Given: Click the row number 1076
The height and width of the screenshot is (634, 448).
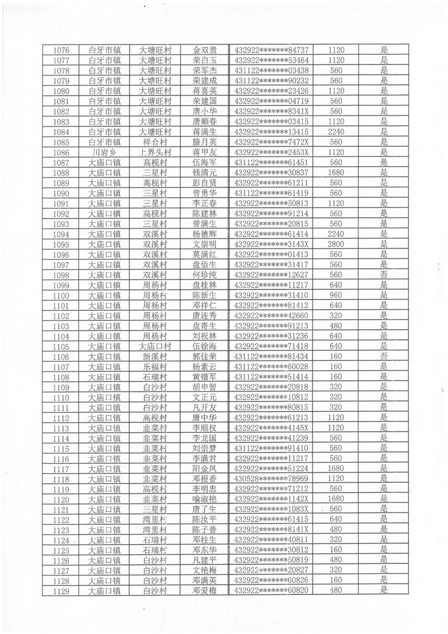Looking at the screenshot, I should click(x=60, y=50).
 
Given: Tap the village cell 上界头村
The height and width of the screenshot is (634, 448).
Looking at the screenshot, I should click(x=155, y=152).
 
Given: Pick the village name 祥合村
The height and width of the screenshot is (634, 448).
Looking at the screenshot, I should click(x=155, y=142).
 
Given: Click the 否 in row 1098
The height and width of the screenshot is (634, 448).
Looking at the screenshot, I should click(x=384, y=275).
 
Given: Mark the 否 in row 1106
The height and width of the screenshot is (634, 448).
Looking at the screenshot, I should click(x=384, y=356).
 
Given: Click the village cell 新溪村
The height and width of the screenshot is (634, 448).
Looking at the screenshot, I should click(x=155, y=356).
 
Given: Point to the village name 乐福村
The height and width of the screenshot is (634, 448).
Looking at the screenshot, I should click(x=155, y=366).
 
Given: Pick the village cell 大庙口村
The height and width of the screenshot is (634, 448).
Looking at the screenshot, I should click(x=155, y=346).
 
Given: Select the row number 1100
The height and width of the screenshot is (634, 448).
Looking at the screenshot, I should click(x=60, y=295).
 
